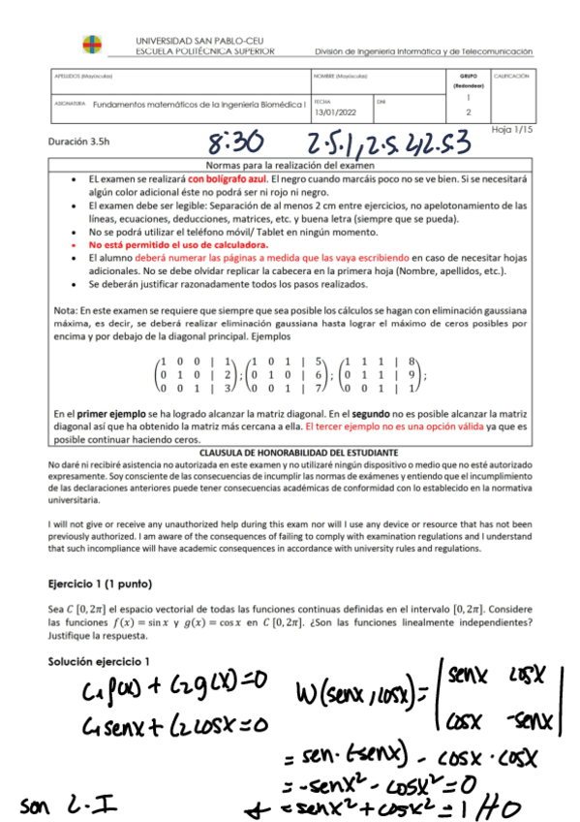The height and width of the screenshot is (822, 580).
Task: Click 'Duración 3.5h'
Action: tap(78, 141)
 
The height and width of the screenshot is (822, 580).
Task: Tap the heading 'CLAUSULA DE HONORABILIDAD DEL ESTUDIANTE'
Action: tap(290, 453)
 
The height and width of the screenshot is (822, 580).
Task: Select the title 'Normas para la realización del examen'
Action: tap(290, 165)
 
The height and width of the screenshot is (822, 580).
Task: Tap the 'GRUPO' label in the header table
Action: tap(469, 75)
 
